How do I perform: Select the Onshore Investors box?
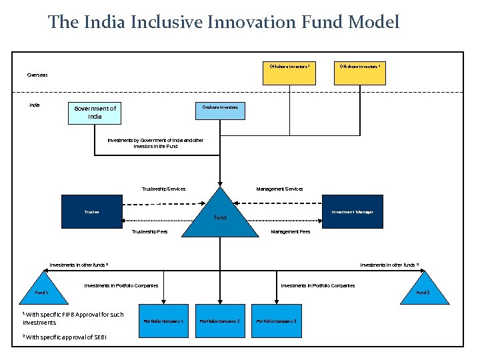coord(220,110)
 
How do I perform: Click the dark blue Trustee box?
coord(92,212)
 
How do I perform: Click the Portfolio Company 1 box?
coord(163,321)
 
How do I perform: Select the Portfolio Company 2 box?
coord(220,321)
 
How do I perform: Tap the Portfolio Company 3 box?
coord(277,321)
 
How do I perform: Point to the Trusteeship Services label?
coord(164,189)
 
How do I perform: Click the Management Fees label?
coord(290,232)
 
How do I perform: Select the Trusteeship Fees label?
coord(150,232)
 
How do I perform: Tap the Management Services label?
coord(279,189)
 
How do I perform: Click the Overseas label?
coord(37,75)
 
